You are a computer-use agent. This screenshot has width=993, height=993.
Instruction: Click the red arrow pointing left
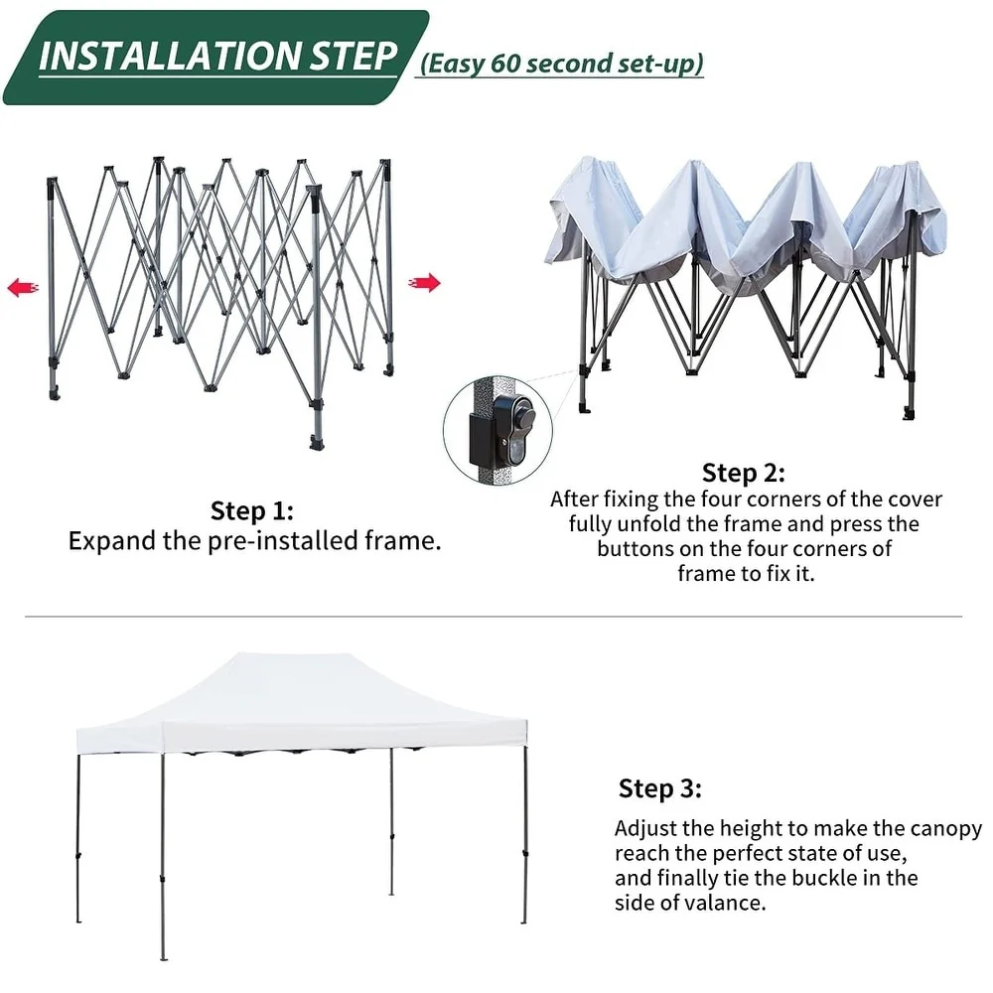[23, 288]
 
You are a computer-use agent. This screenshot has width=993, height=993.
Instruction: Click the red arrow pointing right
[424, 282]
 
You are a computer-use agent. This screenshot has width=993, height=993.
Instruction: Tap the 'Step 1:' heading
[252, 510]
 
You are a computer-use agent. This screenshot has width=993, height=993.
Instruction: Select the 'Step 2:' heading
[744, 473]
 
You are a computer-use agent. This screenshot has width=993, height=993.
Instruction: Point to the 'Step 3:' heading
[660, 788]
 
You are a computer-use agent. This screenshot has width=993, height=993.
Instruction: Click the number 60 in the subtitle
[504, 64]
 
